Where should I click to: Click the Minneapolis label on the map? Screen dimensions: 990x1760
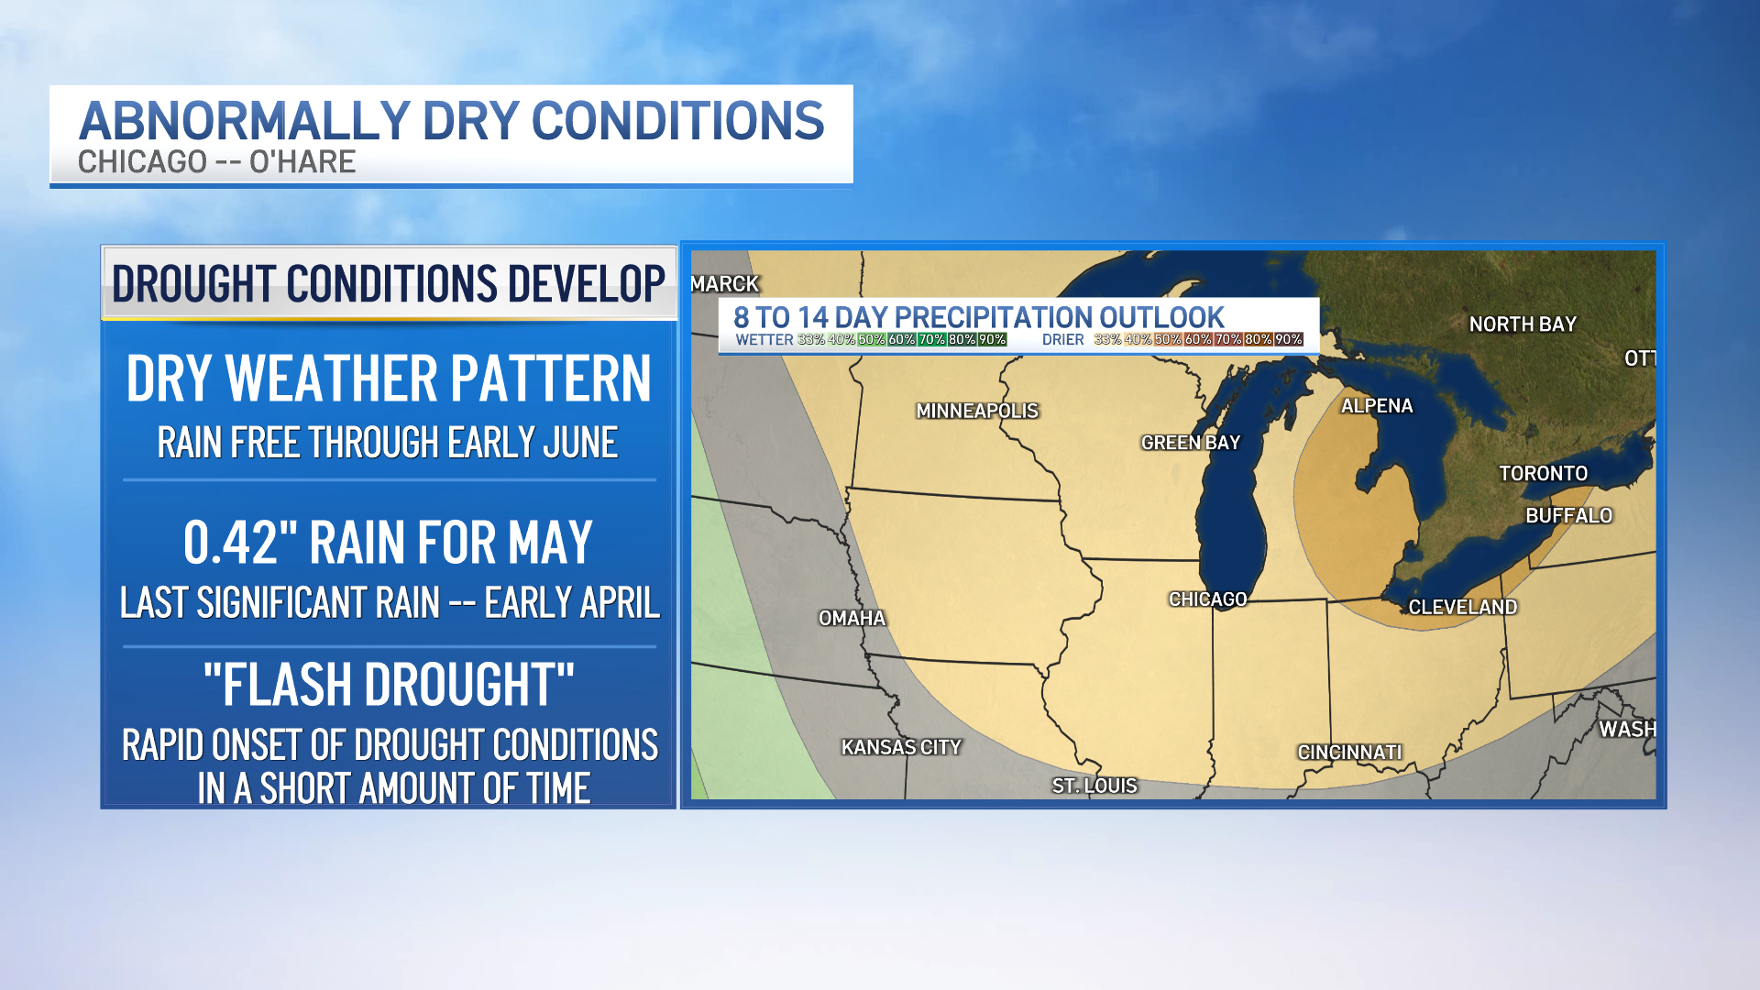(977, 411)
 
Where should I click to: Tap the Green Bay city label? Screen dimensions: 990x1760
(1190, 443)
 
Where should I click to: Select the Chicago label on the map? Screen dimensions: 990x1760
(1207, 599)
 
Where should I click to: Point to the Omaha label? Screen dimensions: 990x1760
(852, 619)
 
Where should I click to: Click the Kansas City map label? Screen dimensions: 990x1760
(901, 748)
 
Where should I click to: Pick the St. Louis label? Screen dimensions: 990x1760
(1094, 786)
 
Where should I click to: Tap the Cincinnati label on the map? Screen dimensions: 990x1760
(1349, 753)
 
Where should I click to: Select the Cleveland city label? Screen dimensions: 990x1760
(1462, 607)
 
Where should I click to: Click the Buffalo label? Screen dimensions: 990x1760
(1568, 516)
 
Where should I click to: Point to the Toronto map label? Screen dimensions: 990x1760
(1543, 474)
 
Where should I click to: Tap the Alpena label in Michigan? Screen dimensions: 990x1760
(1377, 406)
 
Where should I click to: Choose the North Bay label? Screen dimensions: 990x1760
(1523, 324)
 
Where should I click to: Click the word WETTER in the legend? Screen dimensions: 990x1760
(764, 340)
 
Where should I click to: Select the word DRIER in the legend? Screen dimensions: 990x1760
(1062, 340)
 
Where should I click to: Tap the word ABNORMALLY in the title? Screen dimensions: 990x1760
(244, 121)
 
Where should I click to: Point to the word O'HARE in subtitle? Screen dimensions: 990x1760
(302, 162)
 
